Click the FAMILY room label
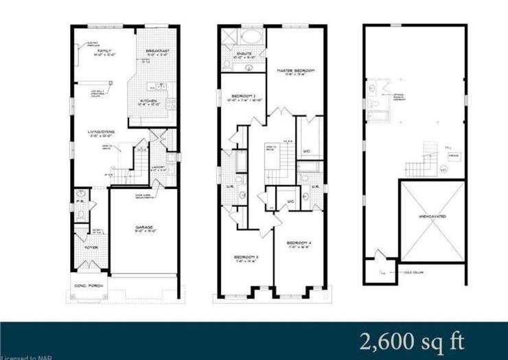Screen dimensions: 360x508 pos(105,52)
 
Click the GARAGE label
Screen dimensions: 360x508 pos(143,227)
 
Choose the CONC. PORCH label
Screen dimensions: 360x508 pos(86,285)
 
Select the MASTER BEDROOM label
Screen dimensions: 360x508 pos(295,71)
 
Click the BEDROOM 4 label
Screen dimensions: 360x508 pos(300,243)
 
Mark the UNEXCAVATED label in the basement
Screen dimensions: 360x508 pos(432,216)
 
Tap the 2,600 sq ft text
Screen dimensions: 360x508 pos(412,341)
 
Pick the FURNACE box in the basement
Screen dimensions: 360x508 pos(450,155)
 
